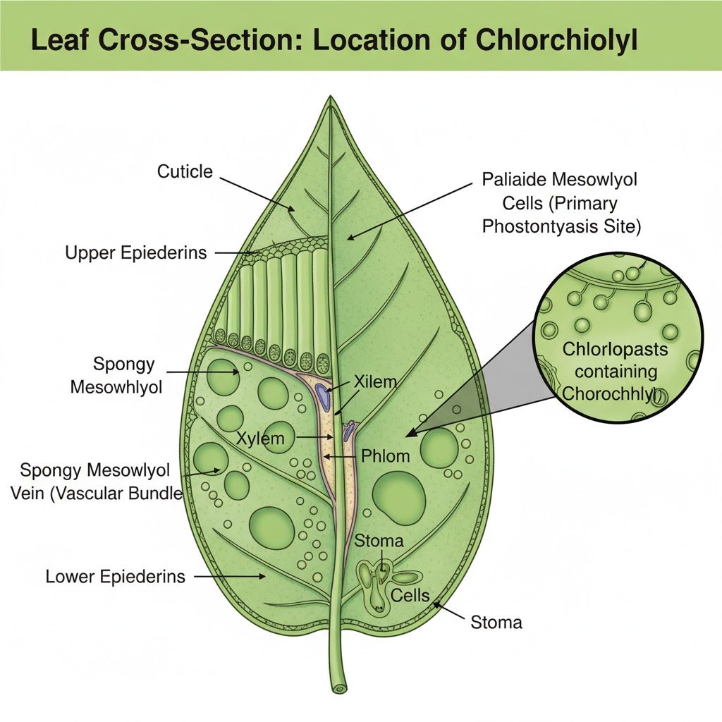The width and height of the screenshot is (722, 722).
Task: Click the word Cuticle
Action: [x=185, y=172]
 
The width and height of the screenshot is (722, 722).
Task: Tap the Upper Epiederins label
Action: [x=136, y=253]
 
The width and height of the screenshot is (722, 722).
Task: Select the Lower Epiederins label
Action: [x=115, y=577]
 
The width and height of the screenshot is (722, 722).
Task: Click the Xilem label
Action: [x=375, y=381]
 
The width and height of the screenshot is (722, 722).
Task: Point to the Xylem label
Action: [x=260, y=438]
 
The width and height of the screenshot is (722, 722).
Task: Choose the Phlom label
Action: [x=386, y=456]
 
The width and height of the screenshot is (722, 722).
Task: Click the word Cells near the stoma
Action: [x=410, y=595]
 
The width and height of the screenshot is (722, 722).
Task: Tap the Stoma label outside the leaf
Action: [x=496, y=623]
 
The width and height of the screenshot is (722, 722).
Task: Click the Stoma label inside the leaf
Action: [x=379, y=541]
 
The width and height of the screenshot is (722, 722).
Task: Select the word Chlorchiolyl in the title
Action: [x=556, y=40]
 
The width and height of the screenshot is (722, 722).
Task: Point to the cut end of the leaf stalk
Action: [x=339, y=690]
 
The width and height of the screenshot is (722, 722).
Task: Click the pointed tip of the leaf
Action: [x=331, y=97]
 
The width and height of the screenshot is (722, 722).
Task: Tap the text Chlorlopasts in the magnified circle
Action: [x=615, y=349]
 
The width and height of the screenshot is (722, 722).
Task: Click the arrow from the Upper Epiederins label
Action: [x=235, y=253]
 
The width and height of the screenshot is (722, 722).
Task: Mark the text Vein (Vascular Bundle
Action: [x=97, y=494]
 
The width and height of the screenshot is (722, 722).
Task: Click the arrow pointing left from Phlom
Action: [x=341, y=456]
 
